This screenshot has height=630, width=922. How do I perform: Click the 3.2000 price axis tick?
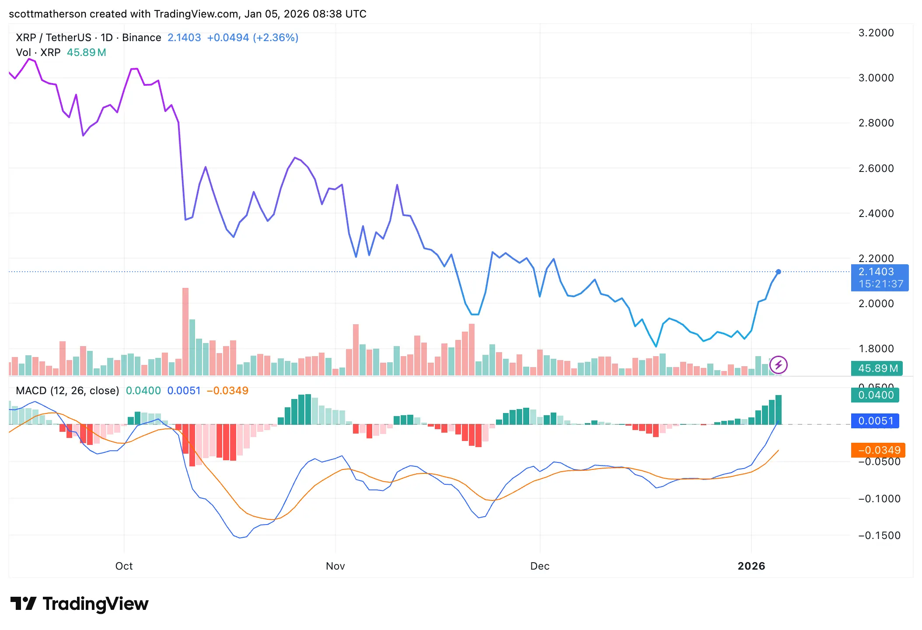tap(876, 33)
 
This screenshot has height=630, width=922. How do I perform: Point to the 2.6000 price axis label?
tap(876, 168)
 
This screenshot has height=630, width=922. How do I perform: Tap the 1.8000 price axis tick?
tap(876, 349)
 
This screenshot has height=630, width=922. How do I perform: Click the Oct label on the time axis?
tap(124, 566)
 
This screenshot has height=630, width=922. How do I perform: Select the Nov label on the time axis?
tap(335, 566)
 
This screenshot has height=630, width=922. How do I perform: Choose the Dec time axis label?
tap(540, 566)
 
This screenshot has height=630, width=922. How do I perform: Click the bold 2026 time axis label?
tap(751, 566)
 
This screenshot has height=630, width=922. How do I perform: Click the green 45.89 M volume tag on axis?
tap(878, 368)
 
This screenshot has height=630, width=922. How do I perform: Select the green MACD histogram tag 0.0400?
tap(876, 395)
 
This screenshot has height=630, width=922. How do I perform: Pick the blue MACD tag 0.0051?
tap(876, 421)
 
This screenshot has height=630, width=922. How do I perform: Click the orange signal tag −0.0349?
tap(879, 450)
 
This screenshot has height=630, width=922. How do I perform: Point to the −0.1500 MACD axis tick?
tap(879, 535)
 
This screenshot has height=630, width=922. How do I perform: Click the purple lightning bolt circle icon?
tap(779, 365)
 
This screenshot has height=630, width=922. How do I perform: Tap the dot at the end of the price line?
tap(779, 272)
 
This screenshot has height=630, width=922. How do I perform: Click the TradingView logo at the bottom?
tap(79, 604)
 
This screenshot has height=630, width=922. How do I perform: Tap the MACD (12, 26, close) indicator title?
tap(67, 391)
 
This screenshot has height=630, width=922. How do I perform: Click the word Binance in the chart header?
tap(141, 38)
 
